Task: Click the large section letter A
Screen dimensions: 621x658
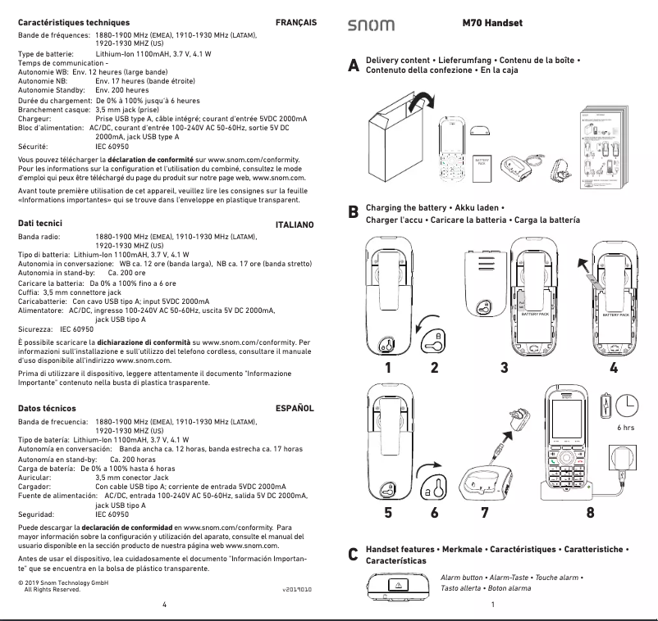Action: click(x=354, y=66)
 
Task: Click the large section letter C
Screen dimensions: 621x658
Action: click(x=354, y=555)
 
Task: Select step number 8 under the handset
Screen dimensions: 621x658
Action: click(x=590, y=514)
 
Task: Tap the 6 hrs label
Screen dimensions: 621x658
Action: click(x=624, y=427)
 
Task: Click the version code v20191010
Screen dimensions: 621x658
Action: click(x=298, y=588)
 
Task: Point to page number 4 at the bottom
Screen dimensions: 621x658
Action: click(x=164, y=605)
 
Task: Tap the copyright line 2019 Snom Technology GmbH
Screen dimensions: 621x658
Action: click(x=63, y=582)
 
